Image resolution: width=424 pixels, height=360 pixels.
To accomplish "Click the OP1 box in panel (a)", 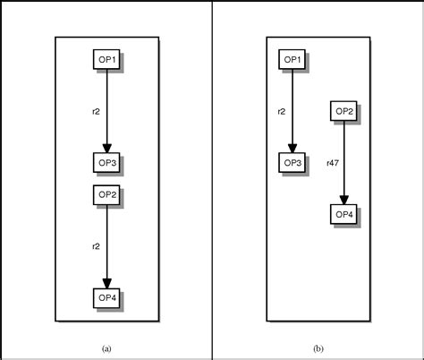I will coord(106,59).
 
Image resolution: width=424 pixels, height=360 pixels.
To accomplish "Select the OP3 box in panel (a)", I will coord(106,162).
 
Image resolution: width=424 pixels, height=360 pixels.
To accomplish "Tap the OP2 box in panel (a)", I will coord(106,193).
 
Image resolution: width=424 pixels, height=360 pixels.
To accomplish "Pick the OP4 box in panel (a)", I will coord(106,297).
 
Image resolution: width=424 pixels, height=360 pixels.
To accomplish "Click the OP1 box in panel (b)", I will coord(293,59).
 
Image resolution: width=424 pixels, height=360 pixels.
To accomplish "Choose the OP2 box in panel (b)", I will coord(343,111).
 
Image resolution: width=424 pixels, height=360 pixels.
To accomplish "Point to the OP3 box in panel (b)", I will coord(293,162).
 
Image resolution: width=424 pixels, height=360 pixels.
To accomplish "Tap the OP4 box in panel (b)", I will coord(343,214).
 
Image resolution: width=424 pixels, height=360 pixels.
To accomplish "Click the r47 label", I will coord(332,163).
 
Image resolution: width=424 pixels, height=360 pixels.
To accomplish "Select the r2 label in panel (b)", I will coord(281,111).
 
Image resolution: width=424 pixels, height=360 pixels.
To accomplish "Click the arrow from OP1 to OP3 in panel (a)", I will coord(106,107).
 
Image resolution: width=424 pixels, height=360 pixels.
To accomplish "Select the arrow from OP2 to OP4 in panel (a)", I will coord(106,242).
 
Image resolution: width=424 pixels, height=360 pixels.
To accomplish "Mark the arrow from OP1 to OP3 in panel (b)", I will coord(293,107).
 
